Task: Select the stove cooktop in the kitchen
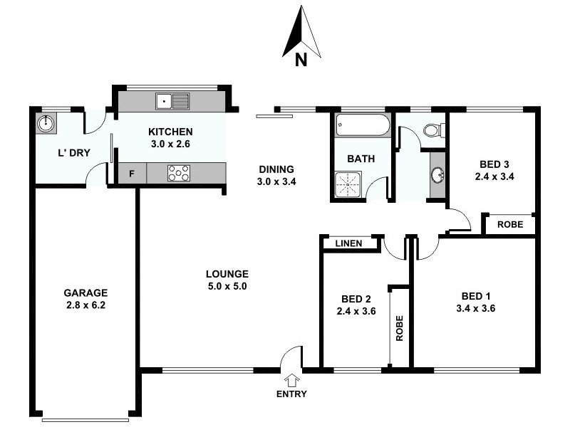(x=179, y=173)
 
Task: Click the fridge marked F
(x=132, y=173)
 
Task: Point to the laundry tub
(x=46, y=124)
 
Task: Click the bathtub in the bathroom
(x=362, y=127)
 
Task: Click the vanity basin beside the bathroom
(x=437, y=174)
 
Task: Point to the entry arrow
(x=292, y=381)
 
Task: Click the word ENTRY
(x=292, y=394)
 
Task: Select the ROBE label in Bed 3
(x=509, y=224)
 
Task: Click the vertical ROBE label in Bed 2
(x=400, y=328)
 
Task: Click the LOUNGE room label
(x=227, y=274)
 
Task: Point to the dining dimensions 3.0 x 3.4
(x=276, y=181)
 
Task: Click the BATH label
(x=361, y=159)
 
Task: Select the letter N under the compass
(x=301, y=61)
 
